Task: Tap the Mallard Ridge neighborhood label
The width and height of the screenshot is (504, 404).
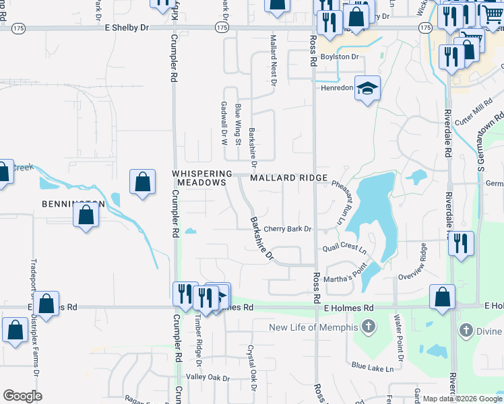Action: pos(288,178)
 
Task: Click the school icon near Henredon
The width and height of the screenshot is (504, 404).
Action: pos(367,88)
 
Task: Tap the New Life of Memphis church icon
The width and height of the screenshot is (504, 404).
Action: pos(368,327)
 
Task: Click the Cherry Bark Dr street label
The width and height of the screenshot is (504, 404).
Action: pos(287,229)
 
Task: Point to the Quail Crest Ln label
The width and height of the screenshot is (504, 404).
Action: pos(344,247)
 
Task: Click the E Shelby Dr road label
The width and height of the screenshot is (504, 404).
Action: pos(127,27)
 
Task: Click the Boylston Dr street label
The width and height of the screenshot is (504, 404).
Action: pos(339,57)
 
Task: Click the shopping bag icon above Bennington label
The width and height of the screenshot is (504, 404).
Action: pos(142,182)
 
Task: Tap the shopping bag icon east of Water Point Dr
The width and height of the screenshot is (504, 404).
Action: pos(442,297)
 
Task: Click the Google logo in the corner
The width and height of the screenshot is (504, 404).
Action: pos(23,395)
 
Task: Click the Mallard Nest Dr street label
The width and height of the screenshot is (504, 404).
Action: pos(273,61)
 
